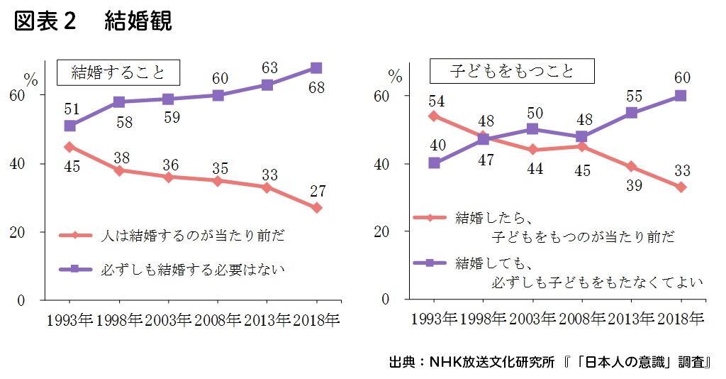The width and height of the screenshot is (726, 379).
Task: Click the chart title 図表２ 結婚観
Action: tap(93, 22)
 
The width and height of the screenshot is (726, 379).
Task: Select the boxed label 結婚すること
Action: tap(118, 72)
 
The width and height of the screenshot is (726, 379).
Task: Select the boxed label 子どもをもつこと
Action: tap(512, 72)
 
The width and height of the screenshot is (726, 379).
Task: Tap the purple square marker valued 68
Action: tap(316, 68)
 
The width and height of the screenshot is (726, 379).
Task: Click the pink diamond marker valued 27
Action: tap(316, 208)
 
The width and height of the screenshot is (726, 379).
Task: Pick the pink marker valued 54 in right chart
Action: tap(434, 116)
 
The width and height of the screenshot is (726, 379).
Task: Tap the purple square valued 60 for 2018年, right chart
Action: tap(681, 96)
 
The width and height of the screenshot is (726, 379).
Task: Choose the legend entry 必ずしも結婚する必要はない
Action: tap(194, 270)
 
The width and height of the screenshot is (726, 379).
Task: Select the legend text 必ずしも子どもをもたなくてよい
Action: tap(596, 282)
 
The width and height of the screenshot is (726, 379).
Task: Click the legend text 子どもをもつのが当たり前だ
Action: tap(583, 236)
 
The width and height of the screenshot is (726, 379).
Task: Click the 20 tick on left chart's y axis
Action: tap(36, 232)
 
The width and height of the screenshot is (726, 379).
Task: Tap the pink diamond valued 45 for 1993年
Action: tap(69, 147)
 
